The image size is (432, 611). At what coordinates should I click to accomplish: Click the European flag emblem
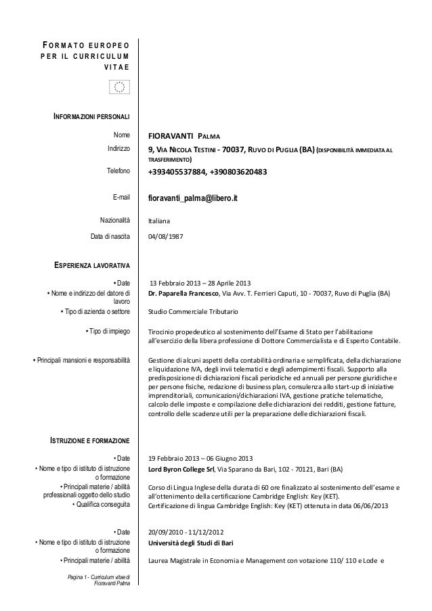(119, 87)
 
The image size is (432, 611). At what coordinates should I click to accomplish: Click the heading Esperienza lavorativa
(88, 265)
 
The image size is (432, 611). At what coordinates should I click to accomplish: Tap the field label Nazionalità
(112, 220)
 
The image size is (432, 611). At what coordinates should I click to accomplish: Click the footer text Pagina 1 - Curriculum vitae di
(99, 576)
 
